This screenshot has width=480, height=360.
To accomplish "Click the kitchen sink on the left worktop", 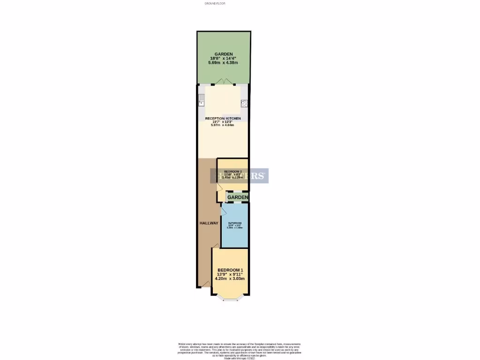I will pyautogui.click(x=201, y=98).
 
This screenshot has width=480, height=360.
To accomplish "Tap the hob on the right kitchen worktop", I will pyautogui.click(x=244, y=104).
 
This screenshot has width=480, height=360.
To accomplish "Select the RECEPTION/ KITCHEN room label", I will pyautogui.click(x=223, y=119).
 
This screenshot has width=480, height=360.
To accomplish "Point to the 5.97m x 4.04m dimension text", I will pyautogui.click(x=223, y=125).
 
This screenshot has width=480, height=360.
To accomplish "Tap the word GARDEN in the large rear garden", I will pyautogui.click(x=223, y=54).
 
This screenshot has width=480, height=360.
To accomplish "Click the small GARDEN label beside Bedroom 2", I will pyautogui.click(x=238, y=197).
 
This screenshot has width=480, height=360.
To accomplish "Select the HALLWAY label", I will pyautogui.click(x=208, y=223).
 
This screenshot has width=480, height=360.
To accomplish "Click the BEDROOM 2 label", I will pyautogui.click(x=232, y=172).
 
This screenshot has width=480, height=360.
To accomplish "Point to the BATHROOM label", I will pyautogui.click(x=234, y=223).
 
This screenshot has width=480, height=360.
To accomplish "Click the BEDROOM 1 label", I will pyautogui.click(x=230, y=270).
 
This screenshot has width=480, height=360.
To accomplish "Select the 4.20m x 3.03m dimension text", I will pyautogui.click(x=230, y=278).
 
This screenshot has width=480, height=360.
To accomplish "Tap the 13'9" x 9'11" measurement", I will pyautogui.click(x=230, y=274).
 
